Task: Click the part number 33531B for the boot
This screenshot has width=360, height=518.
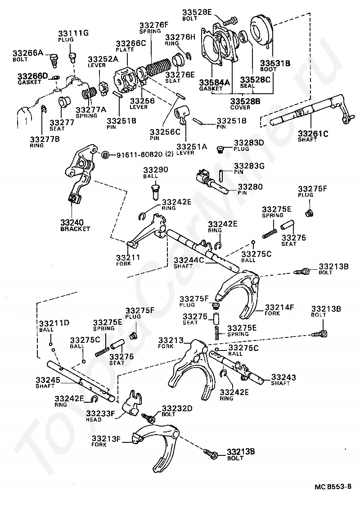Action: click(x=275, y=63)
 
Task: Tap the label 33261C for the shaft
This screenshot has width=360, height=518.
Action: click(x=313, y=133)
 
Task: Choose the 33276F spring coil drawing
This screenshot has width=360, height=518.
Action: click(x=155, y=70)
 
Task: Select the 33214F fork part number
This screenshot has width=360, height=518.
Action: click(x=279, y=307)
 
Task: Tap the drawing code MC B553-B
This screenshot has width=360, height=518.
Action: click(x=333, y=487)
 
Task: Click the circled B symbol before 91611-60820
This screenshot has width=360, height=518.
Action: click(x=105, y=154)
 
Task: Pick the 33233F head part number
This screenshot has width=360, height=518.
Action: click(x=99, y=413)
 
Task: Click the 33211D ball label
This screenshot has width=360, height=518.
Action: click(x=54, y=323)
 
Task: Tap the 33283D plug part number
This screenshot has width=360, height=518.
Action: click(x=249, y=143)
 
